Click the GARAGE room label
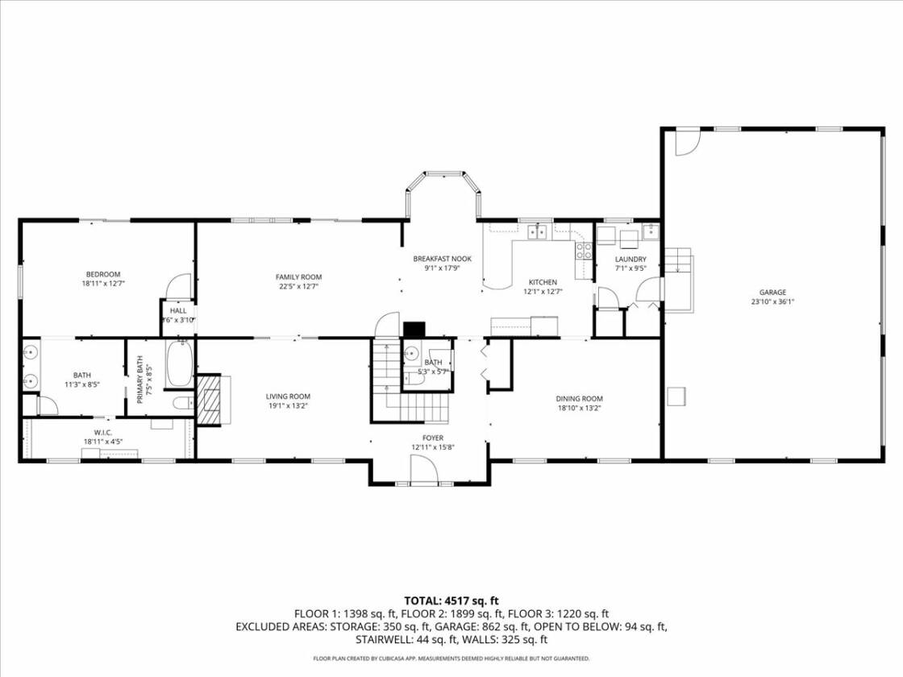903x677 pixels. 772,293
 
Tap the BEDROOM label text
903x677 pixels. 103,275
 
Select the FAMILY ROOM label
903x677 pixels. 298,277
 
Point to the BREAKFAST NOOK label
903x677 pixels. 443,259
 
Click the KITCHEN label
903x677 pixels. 543,282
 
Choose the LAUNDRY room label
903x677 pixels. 630,260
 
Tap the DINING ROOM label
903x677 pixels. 580,399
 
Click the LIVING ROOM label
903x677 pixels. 288,397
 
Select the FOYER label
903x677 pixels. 432,438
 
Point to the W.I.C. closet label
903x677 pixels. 103,432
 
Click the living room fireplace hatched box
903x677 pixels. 209,400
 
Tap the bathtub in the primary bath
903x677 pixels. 180,363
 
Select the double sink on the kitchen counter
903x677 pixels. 537,231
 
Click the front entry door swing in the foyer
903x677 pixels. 424,468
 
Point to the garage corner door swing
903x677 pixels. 687,142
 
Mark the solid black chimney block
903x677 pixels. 414,330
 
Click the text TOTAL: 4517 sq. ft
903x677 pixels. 451,601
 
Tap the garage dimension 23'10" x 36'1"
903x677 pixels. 772,301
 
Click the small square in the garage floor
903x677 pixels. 676,397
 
